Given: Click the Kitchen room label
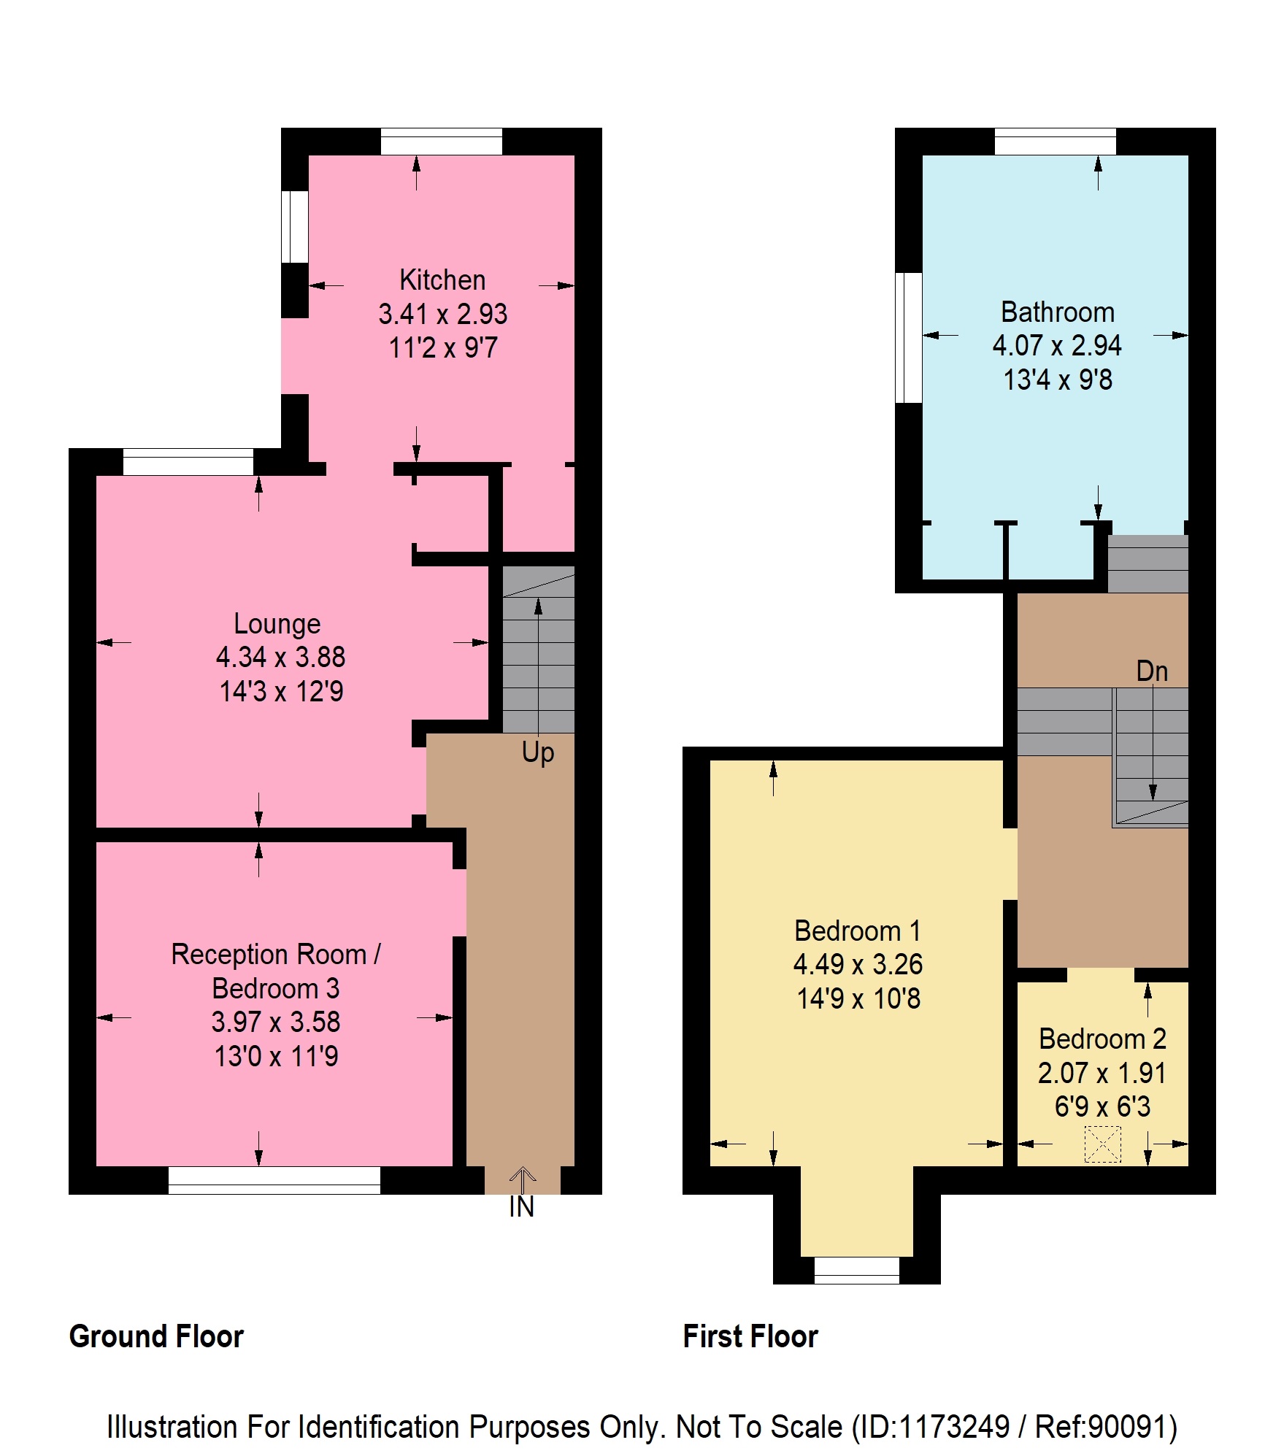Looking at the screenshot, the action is tap(442, 280).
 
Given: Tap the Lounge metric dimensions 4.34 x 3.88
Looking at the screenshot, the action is tap(280, 657).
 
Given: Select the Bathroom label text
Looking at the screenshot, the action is tap(1058, 312).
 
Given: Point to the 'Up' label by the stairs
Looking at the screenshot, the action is tap(538, 752).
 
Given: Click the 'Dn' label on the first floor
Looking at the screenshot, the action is tap(1152, 671).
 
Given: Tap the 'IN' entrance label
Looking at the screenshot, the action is tap(522, 1206).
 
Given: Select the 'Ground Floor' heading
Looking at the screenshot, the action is tap(156, 1336).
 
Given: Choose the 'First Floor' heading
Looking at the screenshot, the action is tap(750, 1336).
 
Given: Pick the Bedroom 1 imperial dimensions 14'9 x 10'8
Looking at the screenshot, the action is tap(858, 998).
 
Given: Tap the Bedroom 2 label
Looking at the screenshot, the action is tap(1102, 1039).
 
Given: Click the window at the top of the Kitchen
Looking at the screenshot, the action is tap(442, 142).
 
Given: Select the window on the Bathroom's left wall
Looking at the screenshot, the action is tap(909, 338).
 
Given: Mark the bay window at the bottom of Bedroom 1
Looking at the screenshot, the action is tap(857, 1270).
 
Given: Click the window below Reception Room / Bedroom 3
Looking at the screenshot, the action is tap(274, 1180).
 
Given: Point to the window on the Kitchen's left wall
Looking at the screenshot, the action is tap(295, 227).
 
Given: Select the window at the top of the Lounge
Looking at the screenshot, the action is tap(188, 462).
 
